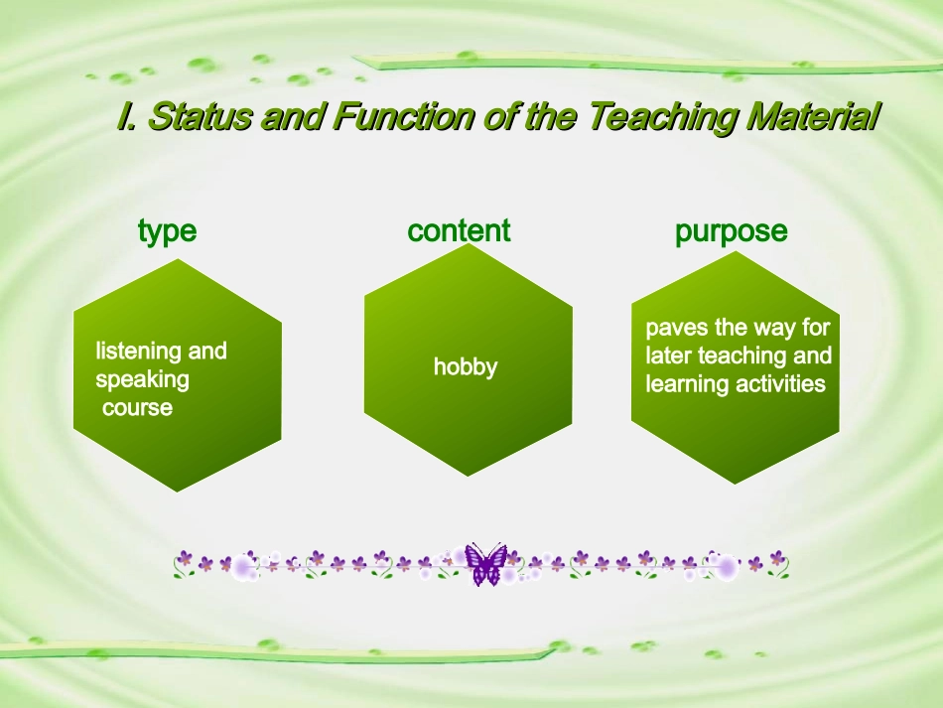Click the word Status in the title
pos(200,115)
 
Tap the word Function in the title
pos(403,115)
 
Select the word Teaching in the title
pos(662,117)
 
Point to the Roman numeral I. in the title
pos(126,115)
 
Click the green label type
pos(167,231)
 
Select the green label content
pos(459,230)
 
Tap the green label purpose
pos(732,232)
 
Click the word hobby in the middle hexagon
pos(466,367)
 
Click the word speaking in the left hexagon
pos(143,380)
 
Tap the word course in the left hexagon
pos(138,408)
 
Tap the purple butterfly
pos(485,564)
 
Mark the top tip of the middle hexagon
pos(469,243)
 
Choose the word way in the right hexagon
pos(774,329)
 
